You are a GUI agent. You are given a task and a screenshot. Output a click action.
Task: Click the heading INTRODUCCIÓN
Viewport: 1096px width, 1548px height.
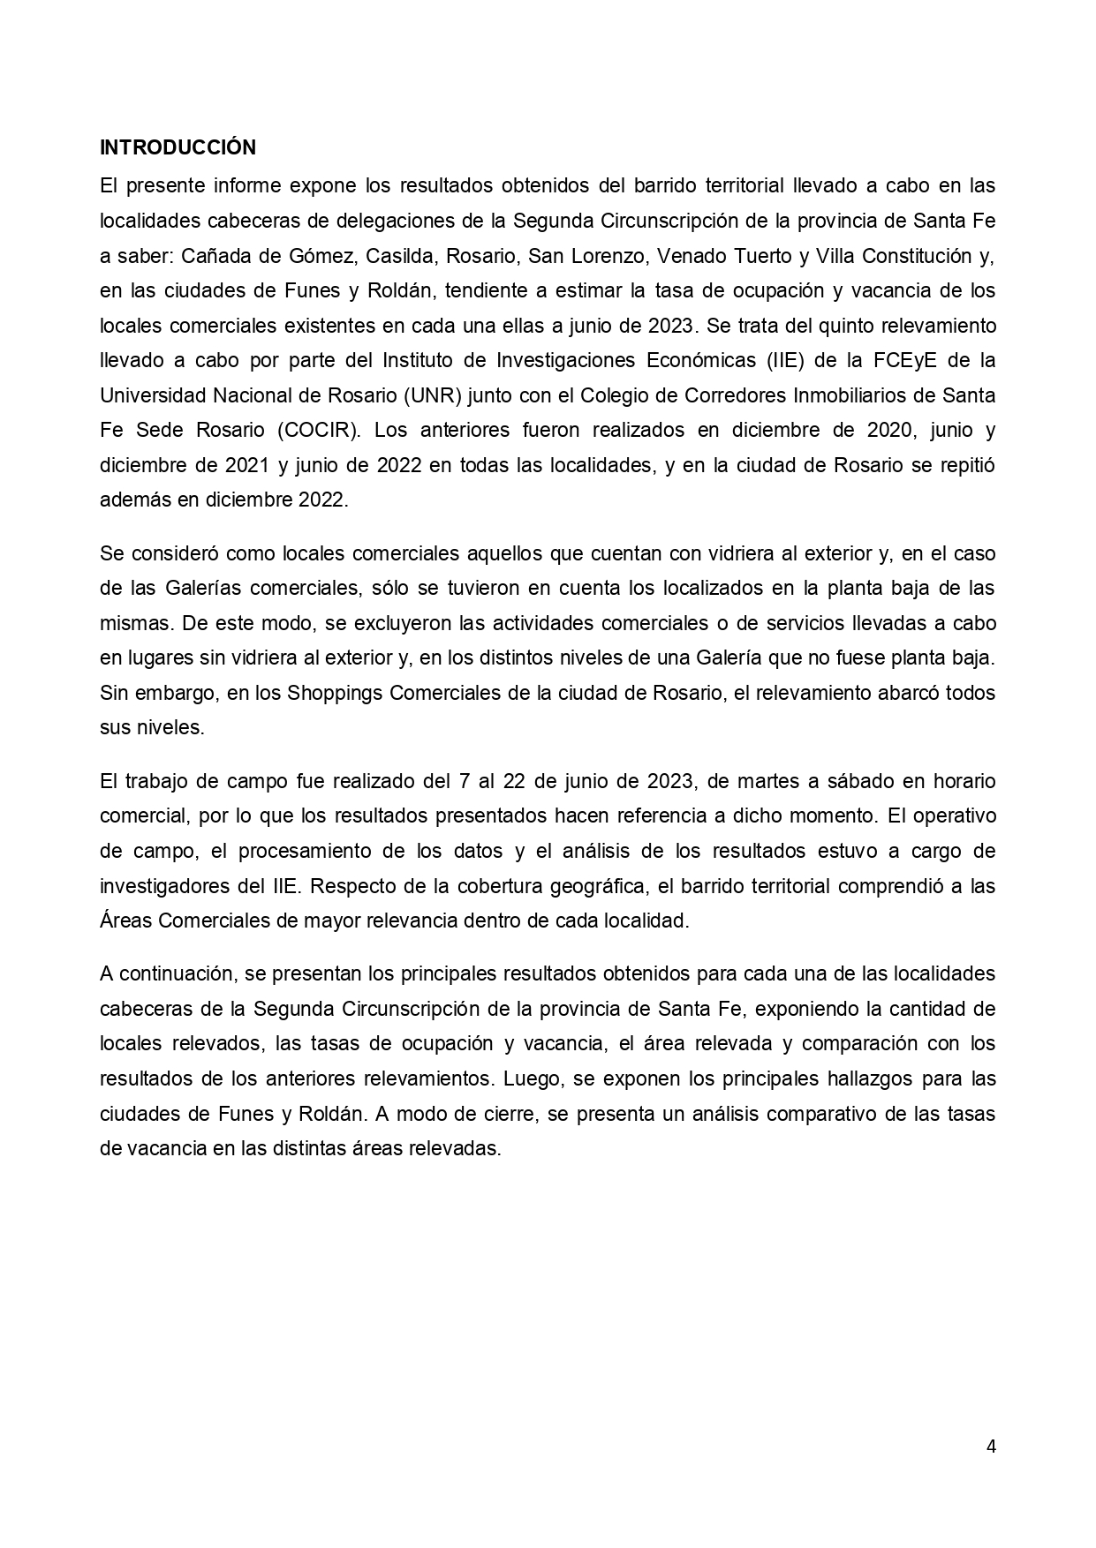178,147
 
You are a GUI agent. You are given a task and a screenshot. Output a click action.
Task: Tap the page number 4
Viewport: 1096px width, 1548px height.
991,1446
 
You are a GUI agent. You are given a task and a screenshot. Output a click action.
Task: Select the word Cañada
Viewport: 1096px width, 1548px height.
213,256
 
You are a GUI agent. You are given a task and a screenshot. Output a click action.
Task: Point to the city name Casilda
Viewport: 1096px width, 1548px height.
404,256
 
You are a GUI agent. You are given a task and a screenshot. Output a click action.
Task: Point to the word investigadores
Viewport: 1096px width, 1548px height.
163,885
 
